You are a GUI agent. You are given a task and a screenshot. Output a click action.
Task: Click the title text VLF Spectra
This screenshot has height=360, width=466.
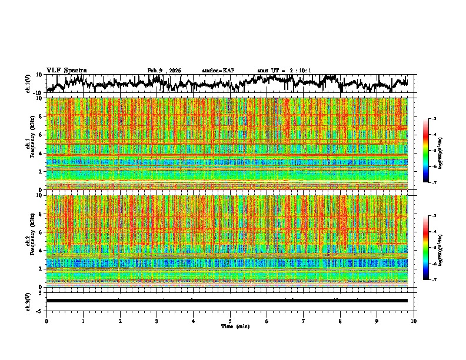(x=66, y=70)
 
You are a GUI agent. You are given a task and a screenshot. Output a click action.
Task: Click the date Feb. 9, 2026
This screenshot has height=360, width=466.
(x=164, y=71)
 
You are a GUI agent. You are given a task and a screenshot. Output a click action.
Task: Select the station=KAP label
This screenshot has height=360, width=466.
(x=218, y=71)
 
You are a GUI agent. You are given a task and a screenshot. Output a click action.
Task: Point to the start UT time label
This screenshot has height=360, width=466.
(x=284, y=71)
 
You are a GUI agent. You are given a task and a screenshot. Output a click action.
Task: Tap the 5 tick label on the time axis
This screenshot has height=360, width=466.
(x=230, y=321)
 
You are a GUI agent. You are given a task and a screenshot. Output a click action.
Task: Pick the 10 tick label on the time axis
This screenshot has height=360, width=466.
(x=414, y=321)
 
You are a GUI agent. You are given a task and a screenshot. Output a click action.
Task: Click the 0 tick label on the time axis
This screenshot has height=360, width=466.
(x=46, y=321)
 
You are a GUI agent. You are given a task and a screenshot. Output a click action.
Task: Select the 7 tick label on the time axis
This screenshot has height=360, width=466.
(x=304, y=321)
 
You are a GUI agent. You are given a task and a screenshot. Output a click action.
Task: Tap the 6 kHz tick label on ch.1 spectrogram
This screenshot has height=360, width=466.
(x=41, y=135)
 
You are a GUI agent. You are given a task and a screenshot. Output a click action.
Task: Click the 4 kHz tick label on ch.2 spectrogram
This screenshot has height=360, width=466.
(x=41, y=251)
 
